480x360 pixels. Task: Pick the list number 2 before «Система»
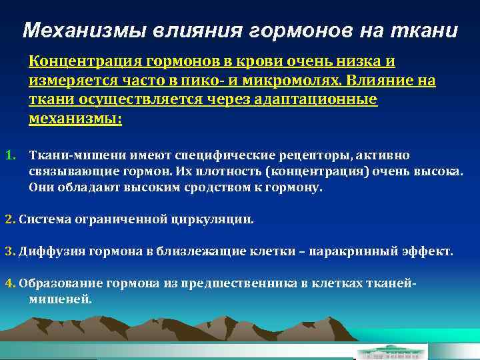pyautogui.click(x=9, y=219)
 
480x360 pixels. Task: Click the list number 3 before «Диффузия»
pyautogui.click(x=9, y=252)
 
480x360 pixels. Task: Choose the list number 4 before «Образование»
pyautogui.click(x=9, y=283)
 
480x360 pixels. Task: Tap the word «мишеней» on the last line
pyautogui.click(x=60, y=299)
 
